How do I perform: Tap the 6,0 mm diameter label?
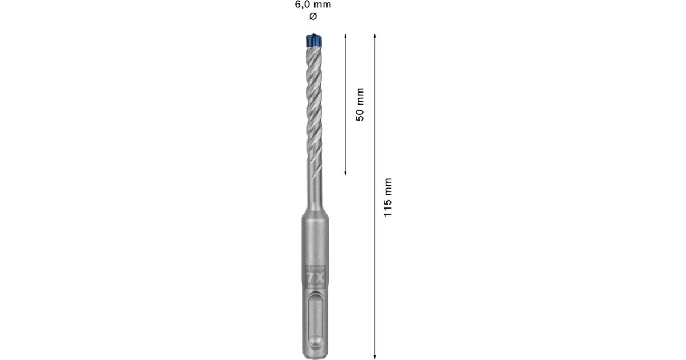[x=312, y=5]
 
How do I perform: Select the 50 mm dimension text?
[x=360, y=104]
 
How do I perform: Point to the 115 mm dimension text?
[x=388, y=196]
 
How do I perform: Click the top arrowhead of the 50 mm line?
[x=346, y=36]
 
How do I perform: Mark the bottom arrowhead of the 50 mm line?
[x=346, y=172]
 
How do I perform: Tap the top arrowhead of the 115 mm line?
[x=374, y=36]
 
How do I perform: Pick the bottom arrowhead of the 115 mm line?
[x=374, y=354]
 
